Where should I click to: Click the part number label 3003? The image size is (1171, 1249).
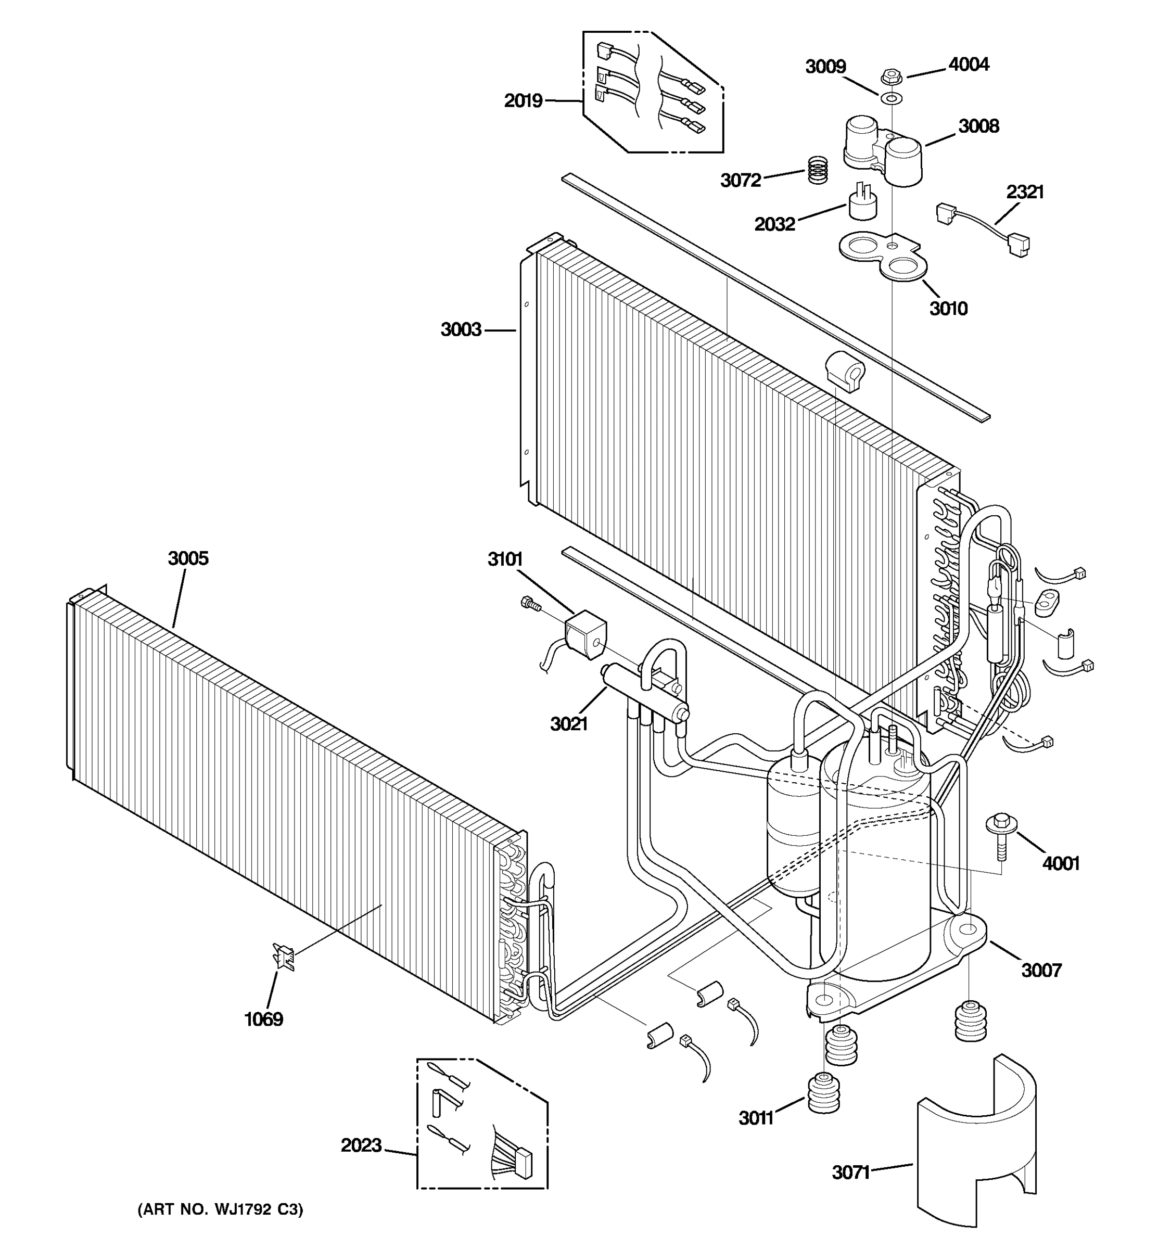(461, 329)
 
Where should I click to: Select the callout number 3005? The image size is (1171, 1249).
(188, 558)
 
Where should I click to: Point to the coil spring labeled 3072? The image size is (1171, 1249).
(817, 170)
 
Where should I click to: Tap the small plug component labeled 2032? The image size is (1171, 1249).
(862, 202)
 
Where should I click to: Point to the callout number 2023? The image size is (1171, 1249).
(361, 1145)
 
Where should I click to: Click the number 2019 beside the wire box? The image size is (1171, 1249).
(523, 100)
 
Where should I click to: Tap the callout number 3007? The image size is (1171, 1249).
(1041, 971)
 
